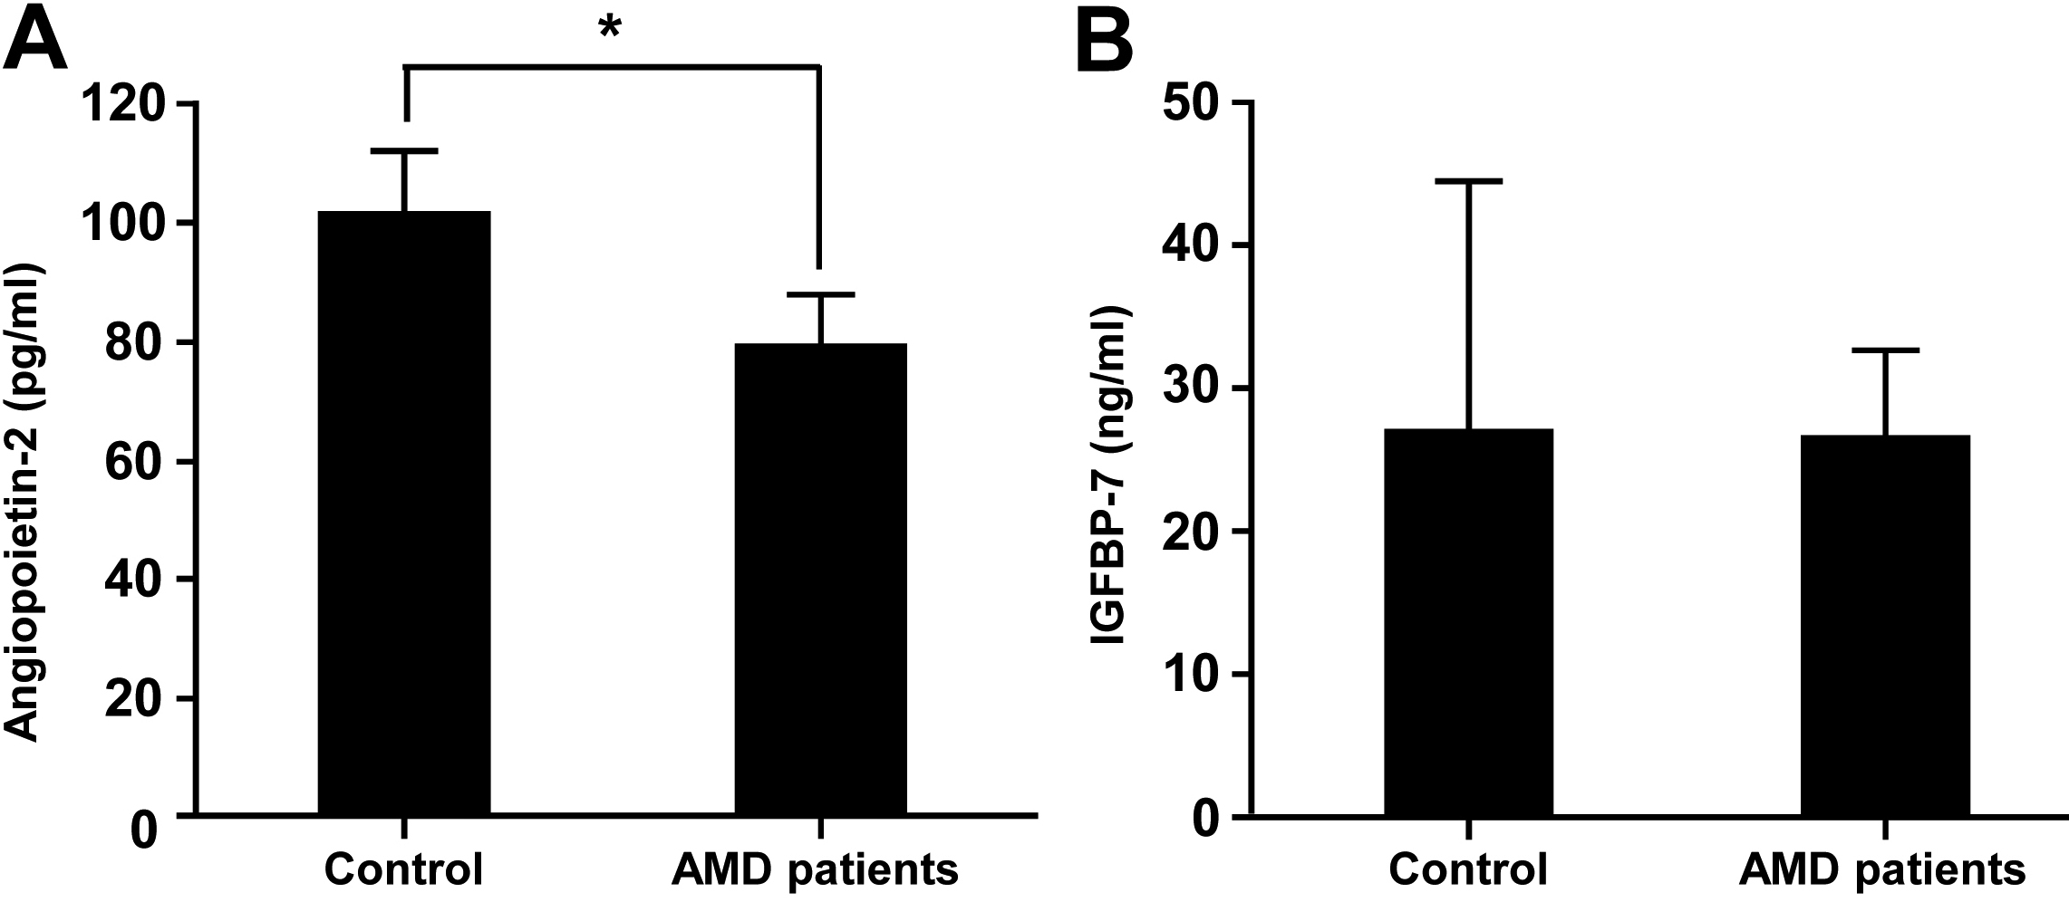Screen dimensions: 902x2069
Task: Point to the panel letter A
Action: [x=36, y=41]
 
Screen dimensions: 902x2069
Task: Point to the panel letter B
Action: [x=1103, y=41]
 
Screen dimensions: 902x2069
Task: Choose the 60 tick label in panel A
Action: [x=138, y=462]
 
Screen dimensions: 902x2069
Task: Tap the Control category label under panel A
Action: [x=404, y=869]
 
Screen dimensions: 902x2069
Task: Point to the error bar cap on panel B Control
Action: [x=1468, y=181]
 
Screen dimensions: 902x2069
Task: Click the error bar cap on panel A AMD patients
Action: [x=820, y=294]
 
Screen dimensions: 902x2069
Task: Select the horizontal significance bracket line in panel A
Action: [x=612, y=66]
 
